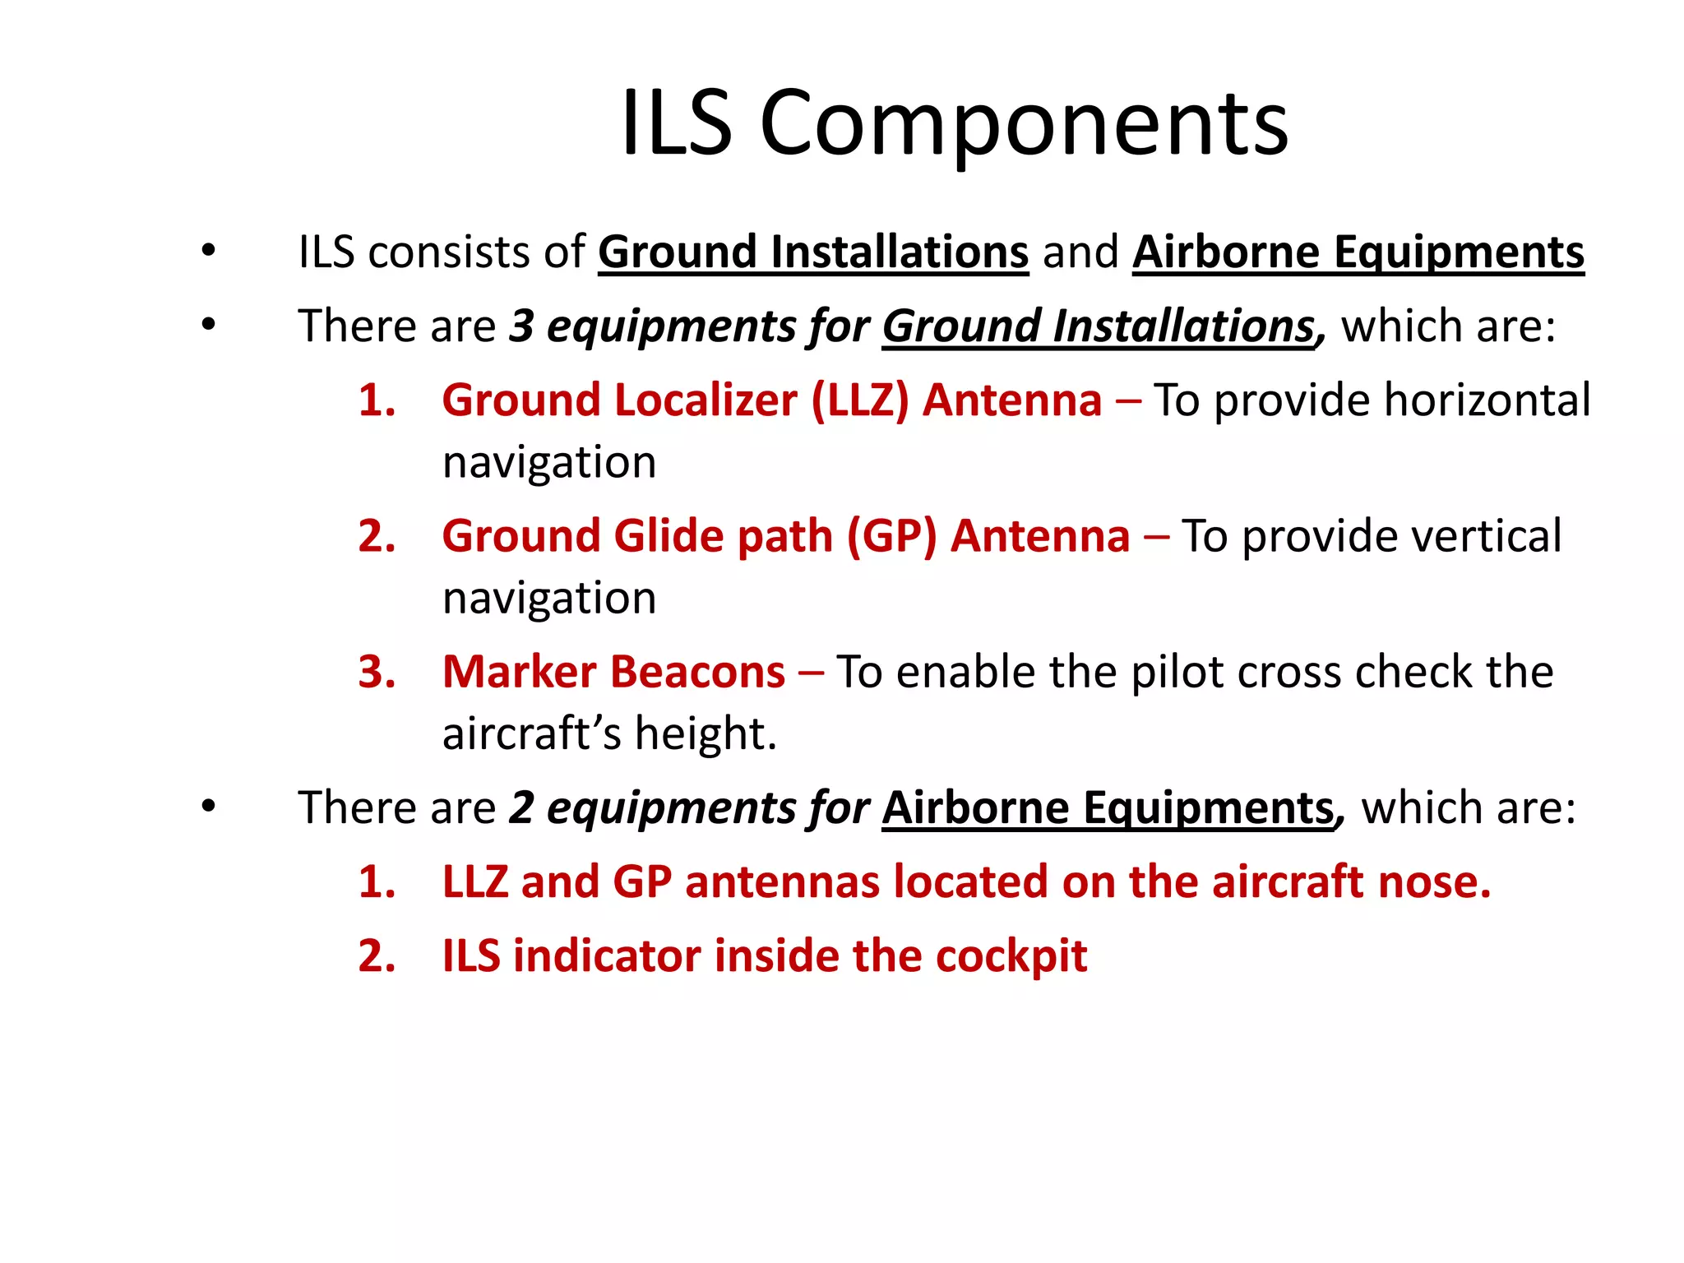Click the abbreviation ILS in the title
pyautogui.click(x=676, y=123)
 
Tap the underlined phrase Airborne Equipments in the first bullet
pyautogui.click(x=1358, y=252)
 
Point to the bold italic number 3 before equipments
pyautogui.click(x=521, y=326)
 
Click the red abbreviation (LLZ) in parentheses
pyautogui.click(x=859, y=400)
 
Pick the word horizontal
pyautogui.click(x=1487, y=400)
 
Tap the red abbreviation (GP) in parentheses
pyautogui.click(x=891, y=536)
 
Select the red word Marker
pyautogui.click(x=520, y=672)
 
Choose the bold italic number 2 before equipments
pyautogui.click(x=521, y=807)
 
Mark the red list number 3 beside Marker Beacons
pyautogui.click(x=377, y=672)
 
